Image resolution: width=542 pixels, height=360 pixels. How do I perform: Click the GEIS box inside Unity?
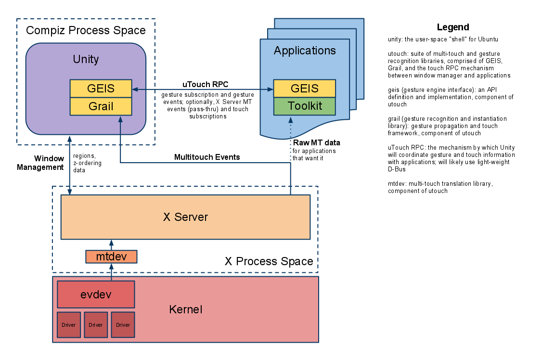click(101, 89)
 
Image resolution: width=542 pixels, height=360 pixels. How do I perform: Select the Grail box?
click(101, 106)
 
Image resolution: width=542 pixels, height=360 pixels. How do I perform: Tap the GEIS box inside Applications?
click(304, 89)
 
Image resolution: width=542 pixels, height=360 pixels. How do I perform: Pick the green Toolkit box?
click(304, 106)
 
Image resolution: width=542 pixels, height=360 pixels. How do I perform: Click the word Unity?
click(86, 59)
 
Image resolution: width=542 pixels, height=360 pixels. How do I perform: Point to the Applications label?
click(305, 51)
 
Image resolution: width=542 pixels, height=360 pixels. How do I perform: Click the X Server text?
click(185, 217)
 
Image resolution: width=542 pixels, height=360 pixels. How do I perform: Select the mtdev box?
click(111, 257)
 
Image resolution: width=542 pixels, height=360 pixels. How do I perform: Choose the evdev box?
click(96, 295)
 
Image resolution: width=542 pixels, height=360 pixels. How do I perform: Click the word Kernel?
click(185, 309)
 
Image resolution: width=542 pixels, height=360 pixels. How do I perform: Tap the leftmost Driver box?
click(69, 325)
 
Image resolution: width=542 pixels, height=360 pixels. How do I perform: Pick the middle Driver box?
click(96, 325)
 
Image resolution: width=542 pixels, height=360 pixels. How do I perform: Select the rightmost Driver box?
click(123, 325)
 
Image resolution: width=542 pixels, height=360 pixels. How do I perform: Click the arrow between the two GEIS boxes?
click(202, 89)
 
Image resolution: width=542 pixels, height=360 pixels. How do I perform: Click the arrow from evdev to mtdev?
click(111, 272)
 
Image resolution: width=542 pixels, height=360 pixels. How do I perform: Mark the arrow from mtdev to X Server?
click(111, 244)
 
